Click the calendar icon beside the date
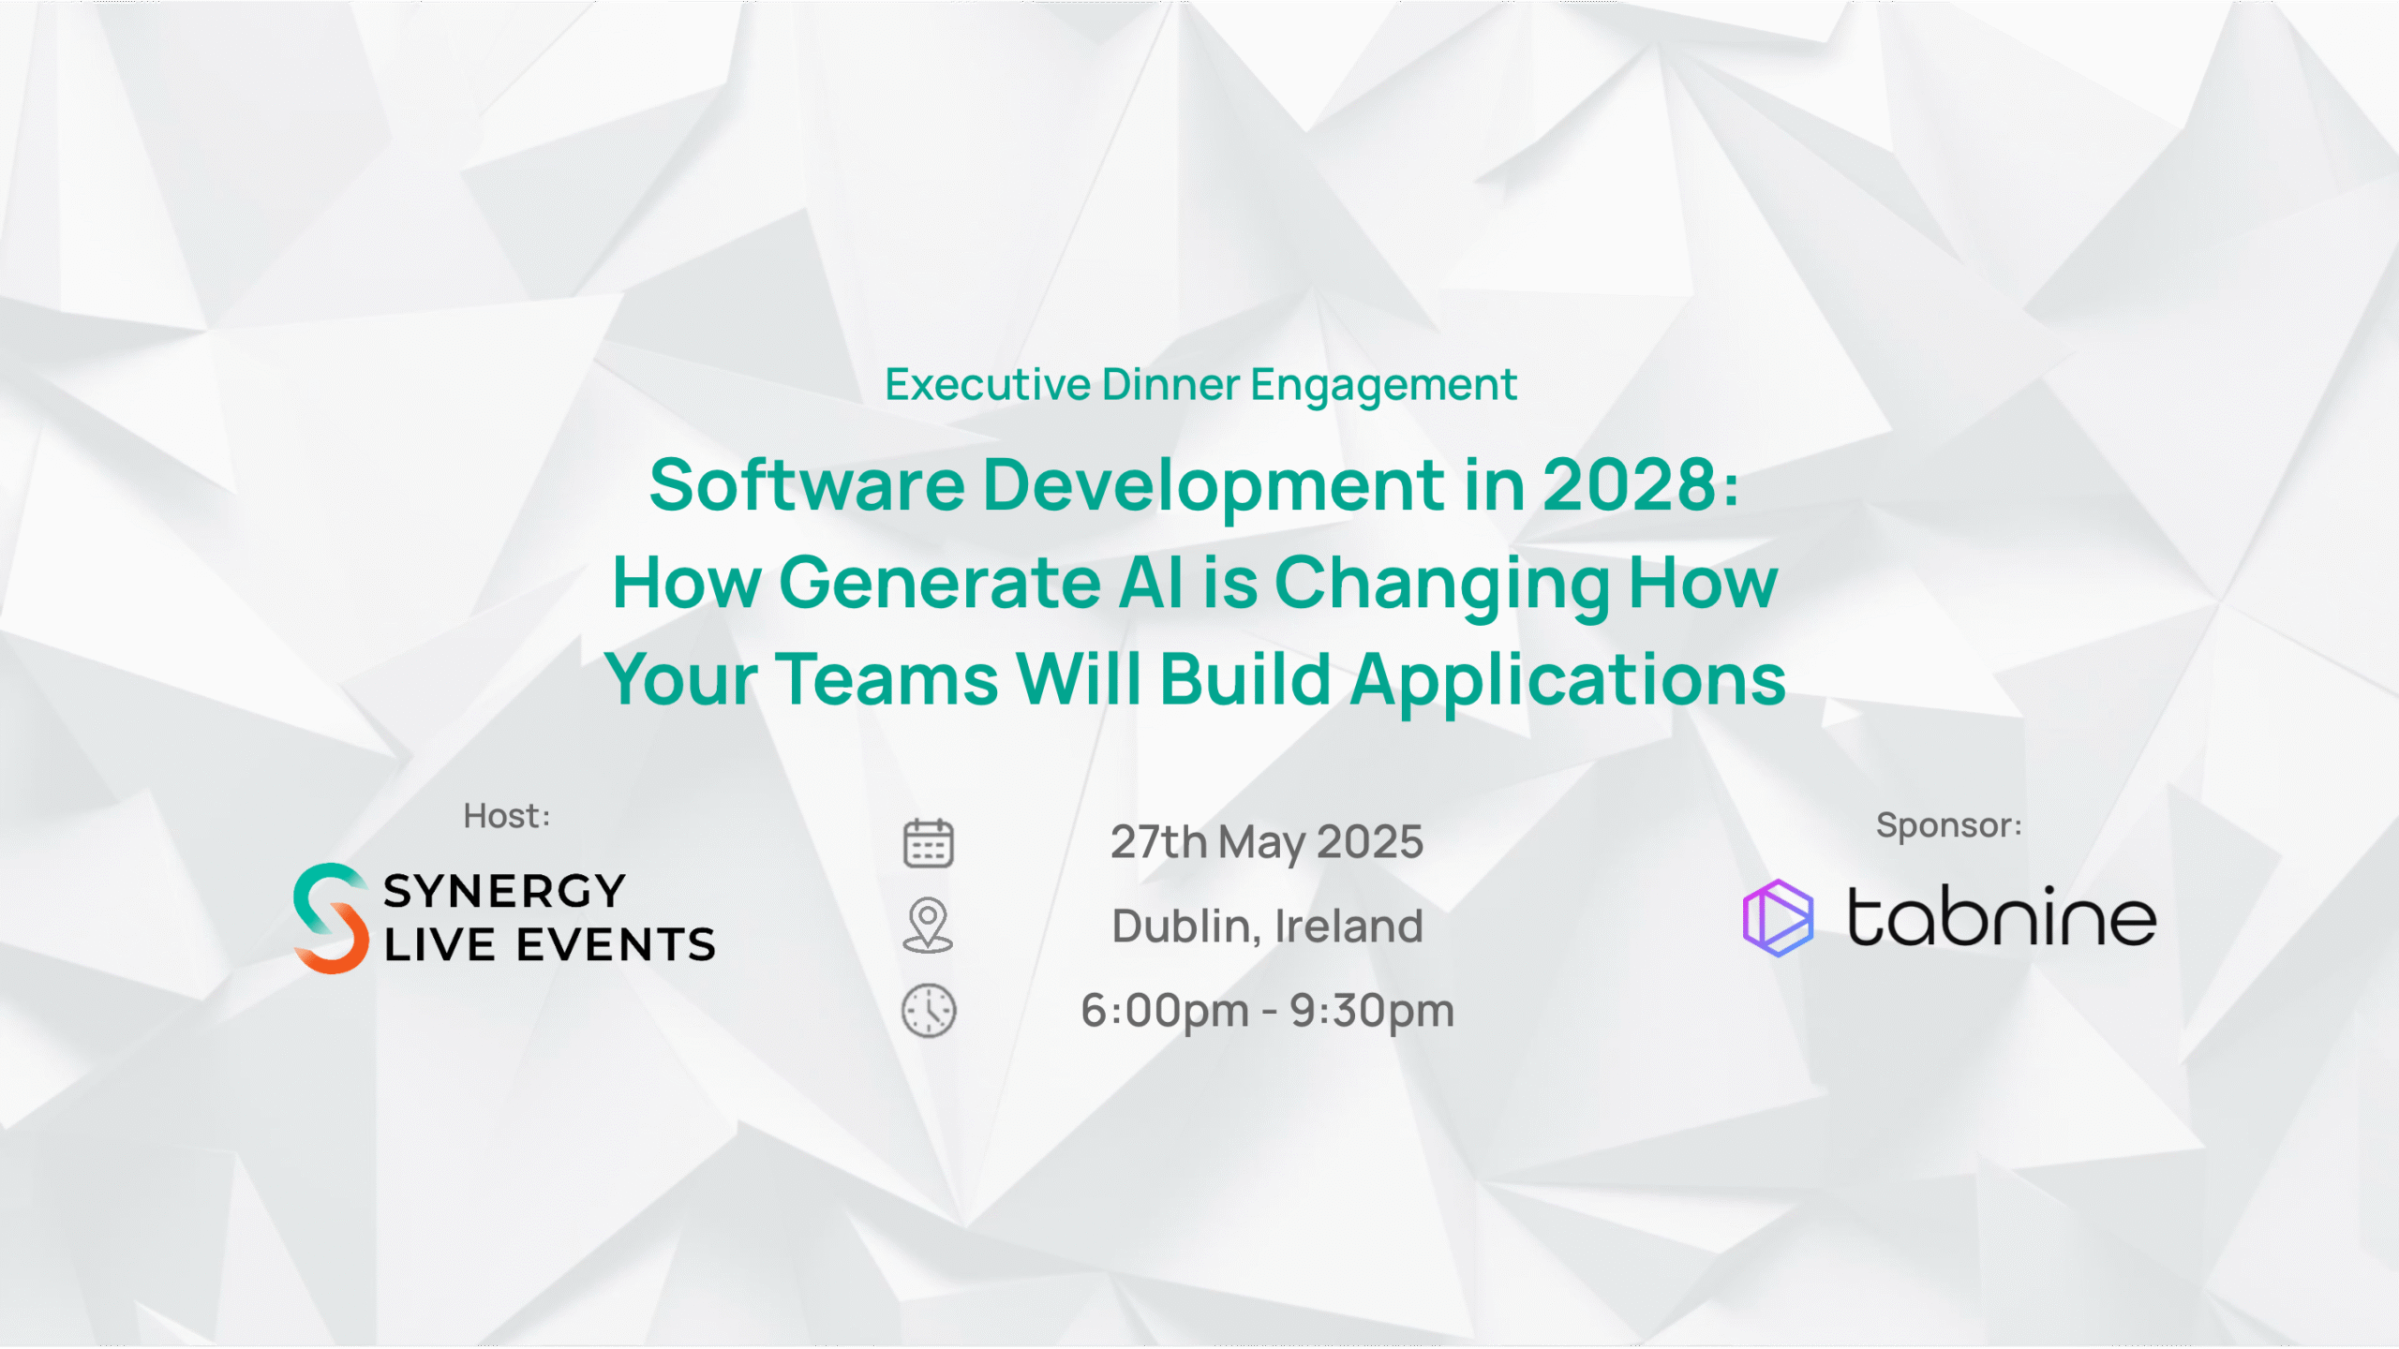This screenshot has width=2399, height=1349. tap(928, 842)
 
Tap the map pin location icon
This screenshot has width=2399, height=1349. tap(928, 925)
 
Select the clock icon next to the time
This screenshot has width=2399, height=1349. tap(929, 1011)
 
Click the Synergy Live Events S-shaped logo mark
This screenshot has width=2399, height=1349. tap(330, 918)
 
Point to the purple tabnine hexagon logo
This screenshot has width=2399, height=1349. tap(1778, 917)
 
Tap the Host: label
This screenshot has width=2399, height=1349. tap(507, 816)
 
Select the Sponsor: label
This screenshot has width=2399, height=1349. tap(1949, 825)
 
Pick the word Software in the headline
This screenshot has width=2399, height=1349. tap(807, 485)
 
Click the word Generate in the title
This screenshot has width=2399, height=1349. tap(940, 583)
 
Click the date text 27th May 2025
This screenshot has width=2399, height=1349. tap(1267, 842)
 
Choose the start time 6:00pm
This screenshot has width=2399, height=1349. tap(1165, 1011)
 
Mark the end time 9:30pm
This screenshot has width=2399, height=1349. tap(1372, 1011)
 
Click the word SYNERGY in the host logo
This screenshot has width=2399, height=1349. tap(504, 891)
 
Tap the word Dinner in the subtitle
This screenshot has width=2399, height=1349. tap(1171, 384)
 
